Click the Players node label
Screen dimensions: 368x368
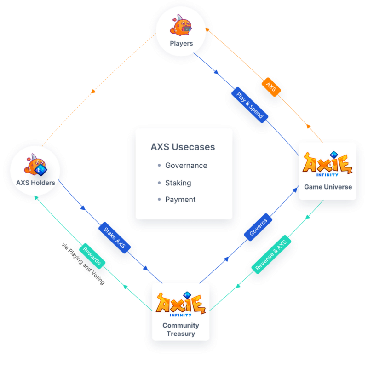tap(181, 44)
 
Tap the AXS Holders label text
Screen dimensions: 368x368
tap(35, 183)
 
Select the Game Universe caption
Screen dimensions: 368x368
tap(328, 187)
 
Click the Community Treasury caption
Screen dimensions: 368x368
tap(181, 329)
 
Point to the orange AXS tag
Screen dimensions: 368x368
tap(271, 87)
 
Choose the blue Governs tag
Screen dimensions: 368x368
tap(258, 229)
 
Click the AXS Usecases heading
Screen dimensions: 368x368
tap(183, 147)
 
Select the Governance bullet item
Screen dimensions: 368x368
tap(186, 166)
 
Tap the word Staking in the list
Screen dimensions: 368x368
tap(178, 183)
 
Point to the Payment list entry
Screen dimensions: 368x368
tap(180, 200)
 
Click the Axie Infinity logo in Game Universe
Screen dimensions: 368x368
tap(328, 163)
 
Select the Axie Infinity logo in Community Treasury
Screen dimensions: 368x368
tap(181, 305)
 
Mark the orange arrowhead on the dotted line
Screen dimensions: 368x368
tap(93, 91)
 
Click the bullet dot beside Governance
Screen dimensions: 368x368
tap(159, 166)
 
